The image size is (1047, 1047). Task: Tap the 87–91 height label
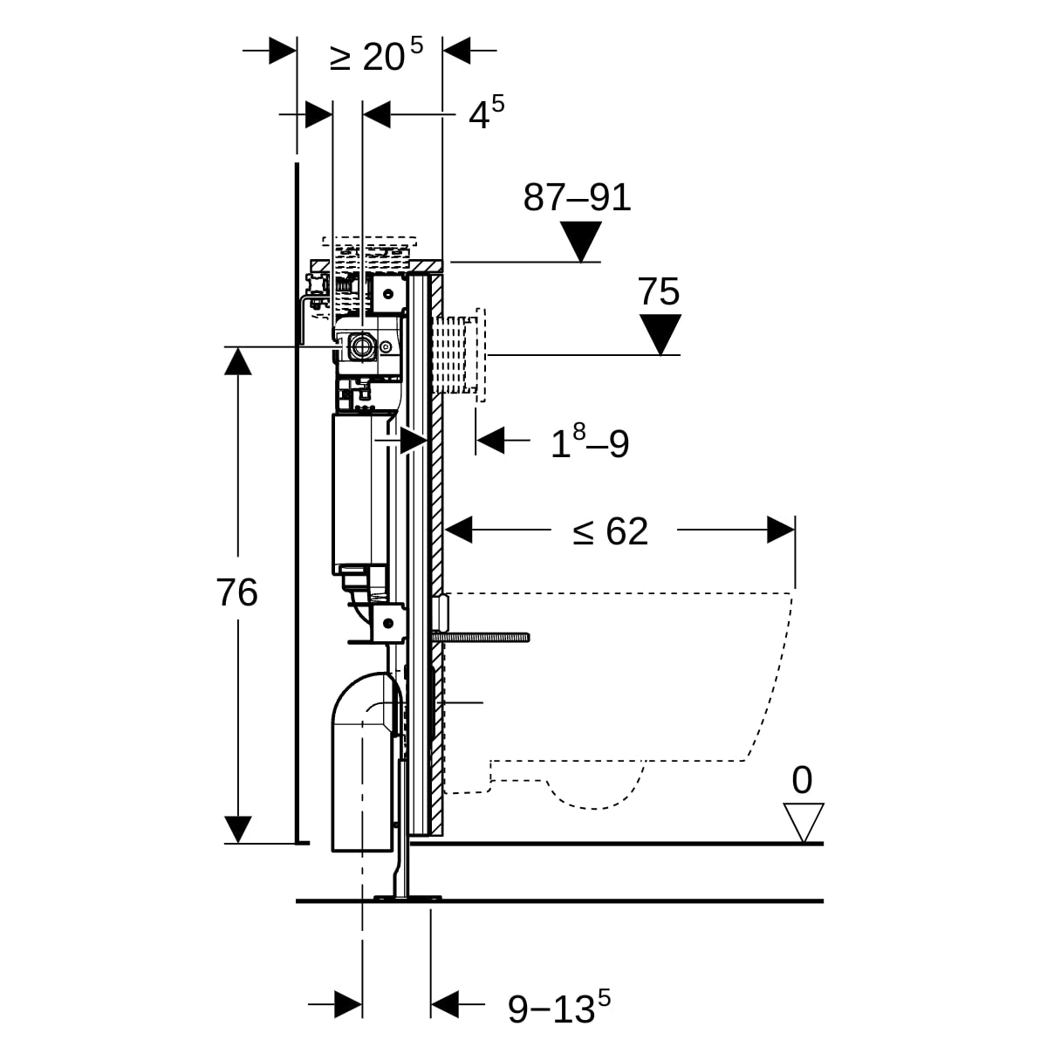[577, 198]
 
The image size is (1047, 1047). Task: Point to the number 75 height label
[659, 291]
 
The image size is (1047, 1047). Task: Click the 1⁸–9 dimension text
[590, 443]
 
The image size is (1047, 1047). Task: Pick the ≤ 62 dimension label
[611, 530]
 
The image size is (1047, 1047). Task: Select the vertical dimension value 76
[237, 593]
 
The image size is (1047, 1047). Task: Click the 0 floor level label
[801, 780]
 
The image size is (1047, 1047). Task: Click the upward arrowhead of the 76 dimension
[238, 360]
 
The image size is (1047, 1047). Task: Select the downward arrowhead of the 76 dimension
[238, 830]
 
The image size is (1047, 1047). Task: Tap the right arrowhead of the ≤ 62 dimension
[781, 530]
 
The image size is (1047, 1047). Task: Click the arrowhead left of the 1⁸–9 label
[490, 441]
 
